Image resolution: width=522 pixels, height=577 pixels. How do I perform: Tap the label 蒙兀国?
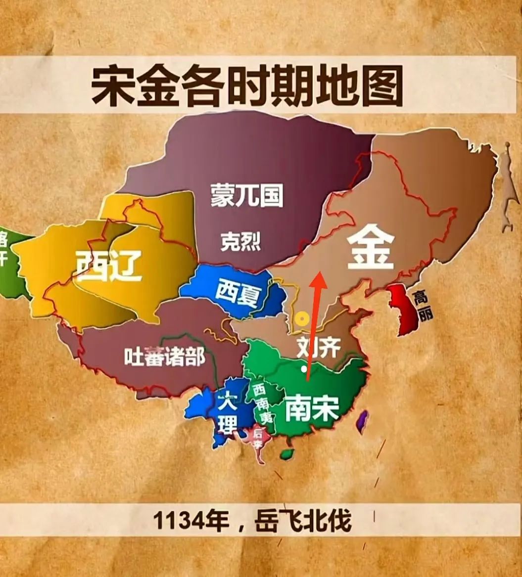246,195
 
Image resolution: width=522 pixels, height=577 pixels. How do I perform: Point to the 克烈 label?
240,242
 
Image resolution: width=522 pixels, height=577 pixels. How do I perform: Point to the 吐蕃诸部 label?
164,356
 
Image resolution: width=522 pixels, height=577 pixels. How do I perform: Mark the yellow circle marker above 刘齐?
299,320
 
